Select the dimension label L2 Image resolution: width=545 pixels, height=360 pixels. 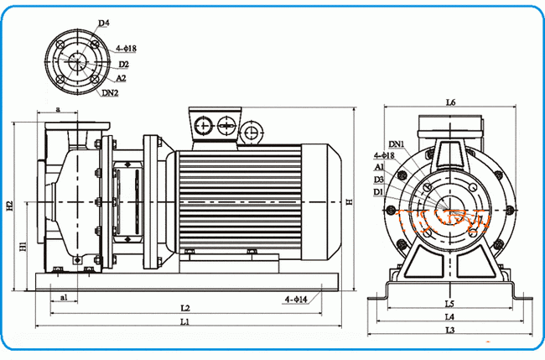click(186, 307)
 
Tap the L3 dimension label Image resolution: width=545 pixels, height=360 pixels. click(449, 331)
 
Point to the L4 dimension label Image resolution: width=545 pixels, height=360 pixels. click(449, 316)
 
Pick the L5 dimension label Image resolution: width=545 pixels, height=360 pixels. click(449, 303)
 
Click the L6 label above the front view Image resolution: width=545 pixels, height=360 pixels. click(449, 102)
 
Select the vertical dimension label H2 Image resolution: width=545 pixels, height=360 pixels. click(9, 206)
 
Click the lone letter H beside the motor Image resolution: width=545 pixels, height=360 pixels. click(349, 202)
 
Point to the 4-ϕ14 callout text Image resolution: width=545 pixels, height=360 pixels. click(296, 299)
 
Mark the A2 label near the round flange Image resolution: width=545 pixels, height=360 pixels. click(122, 78)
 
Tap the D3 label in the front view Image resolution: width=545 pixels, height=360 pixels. click(379, 180)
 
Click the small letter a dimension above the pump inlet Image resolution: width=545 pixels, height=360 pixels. click(57, 109)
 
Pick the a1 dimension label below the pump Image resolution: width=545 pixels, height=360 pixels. click(65, 298)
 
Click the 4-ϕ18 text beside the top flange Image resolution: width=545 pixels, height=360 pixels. click(125, 49)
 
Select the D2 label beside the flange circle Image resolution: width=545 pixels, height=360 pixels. click(123, 64)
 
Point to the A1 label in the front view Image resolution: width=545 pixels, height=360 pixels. click(379, 167)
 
